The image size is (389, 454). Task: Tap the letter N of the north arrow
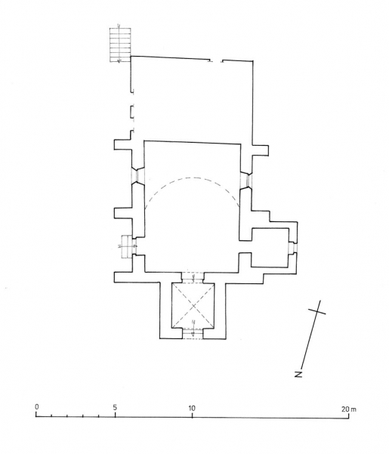click(300, 373)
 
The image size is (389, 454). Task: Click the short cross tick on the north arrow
click(317, 310)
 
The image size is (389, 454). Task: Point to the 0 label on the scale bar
click(36, 408)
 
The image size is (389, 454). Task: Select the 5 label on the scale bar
click(114, 408)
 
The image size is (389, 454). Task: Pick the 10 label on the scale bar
click(192, 408)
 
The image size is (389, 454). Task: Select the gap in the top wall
click(216, 60)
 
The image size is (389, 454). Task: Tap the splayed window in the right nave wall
click(245, 179)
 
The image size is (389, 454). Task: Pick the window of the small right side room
click(292, 249)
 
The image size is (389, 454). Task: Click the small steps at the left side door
click(125, 246)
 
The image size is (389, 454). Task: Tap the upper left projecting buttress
click(121, 147)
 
